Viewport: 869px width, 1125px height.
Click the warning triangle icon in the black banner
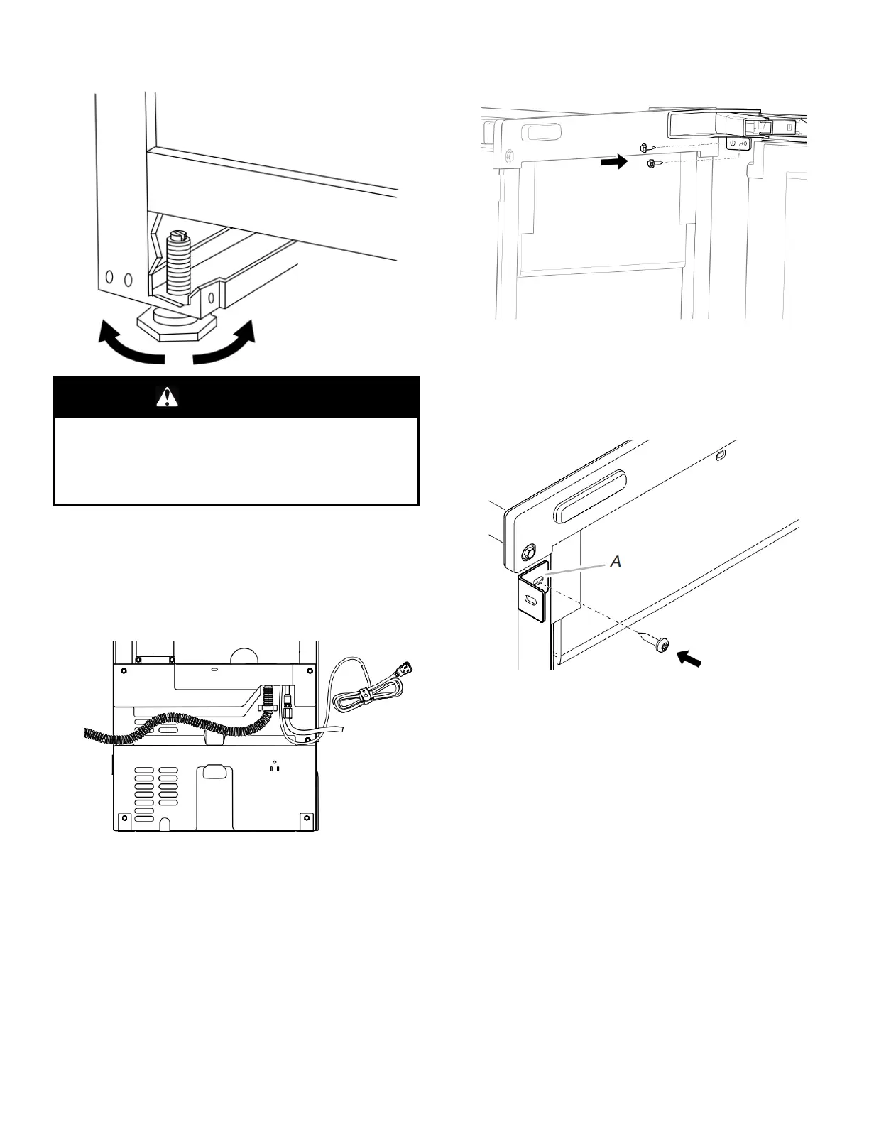pos(167,397)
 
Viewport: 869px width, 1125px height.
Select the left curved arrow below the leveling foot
pos(128,344)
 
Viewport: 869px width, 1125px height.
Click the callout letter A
pos(616,561)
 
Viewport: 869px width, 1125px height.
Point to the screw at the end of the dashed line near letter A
pos(657,646)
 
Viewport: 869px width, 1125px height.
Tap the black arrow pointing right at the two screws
pos(614,162)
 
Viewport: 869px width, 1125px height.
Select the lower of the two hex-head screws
pos(652,164)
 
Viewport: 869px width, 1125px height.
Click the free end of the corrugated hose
pos(87,734)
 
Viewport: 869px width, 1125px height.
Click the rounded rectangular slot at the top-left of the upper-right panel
pos(542,131)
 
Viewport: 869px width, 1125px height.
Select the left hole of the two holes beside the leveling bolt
pos(109,276)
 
